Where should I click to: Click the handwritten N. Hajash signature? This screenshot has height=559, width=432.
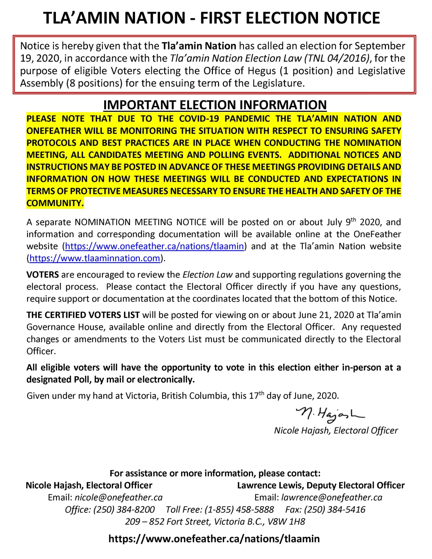pyautogui.click(x=330, y=415)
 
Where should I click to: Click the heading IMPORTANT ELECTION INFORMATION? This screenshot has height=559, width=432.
pyautogui.click(x=215, y=105)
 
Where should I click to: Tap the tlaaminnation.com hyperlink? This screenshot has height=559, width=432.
pyautogui.click(x=95, y=258)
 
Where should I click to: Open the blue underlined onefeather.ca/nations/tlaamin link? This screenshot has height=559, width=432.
pyautogui.click(x=154, y=246)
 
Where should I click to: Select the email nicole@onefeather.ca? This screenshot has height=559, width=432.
pyautogui.click(x=119, y=497)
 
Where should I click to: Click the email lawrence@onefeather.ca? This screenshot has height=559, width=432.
pyautogui.click(x=332, y=497)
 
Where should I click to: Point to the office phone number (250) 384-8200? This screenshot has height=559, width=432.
pyautogui.click(x=124, y=510)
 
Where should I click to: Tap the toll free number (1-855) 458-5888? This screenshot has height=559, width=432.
pyautogui.click(x=239, y=510)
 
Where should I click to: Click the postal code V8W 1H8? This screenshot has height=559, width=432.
pyautogui.click(x=286, y=522)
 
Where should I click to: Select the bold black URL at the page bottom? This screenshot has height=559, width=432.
pyautogui.click(x=214, y=539)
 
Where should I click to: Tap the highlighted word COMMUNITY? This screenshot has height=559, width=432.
pyautogui.click(x=55, y=203)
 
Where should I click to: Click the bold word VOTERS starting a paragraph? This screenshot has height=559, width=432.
pyautogui.click(x=43, y=275)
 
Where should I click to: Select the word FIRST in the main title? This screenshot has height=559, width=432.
pyautogui.click(x=221, y=18)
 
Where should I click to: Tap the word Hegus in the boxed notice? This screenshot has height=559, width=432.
pyautogui.click(x=262, y=71)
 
